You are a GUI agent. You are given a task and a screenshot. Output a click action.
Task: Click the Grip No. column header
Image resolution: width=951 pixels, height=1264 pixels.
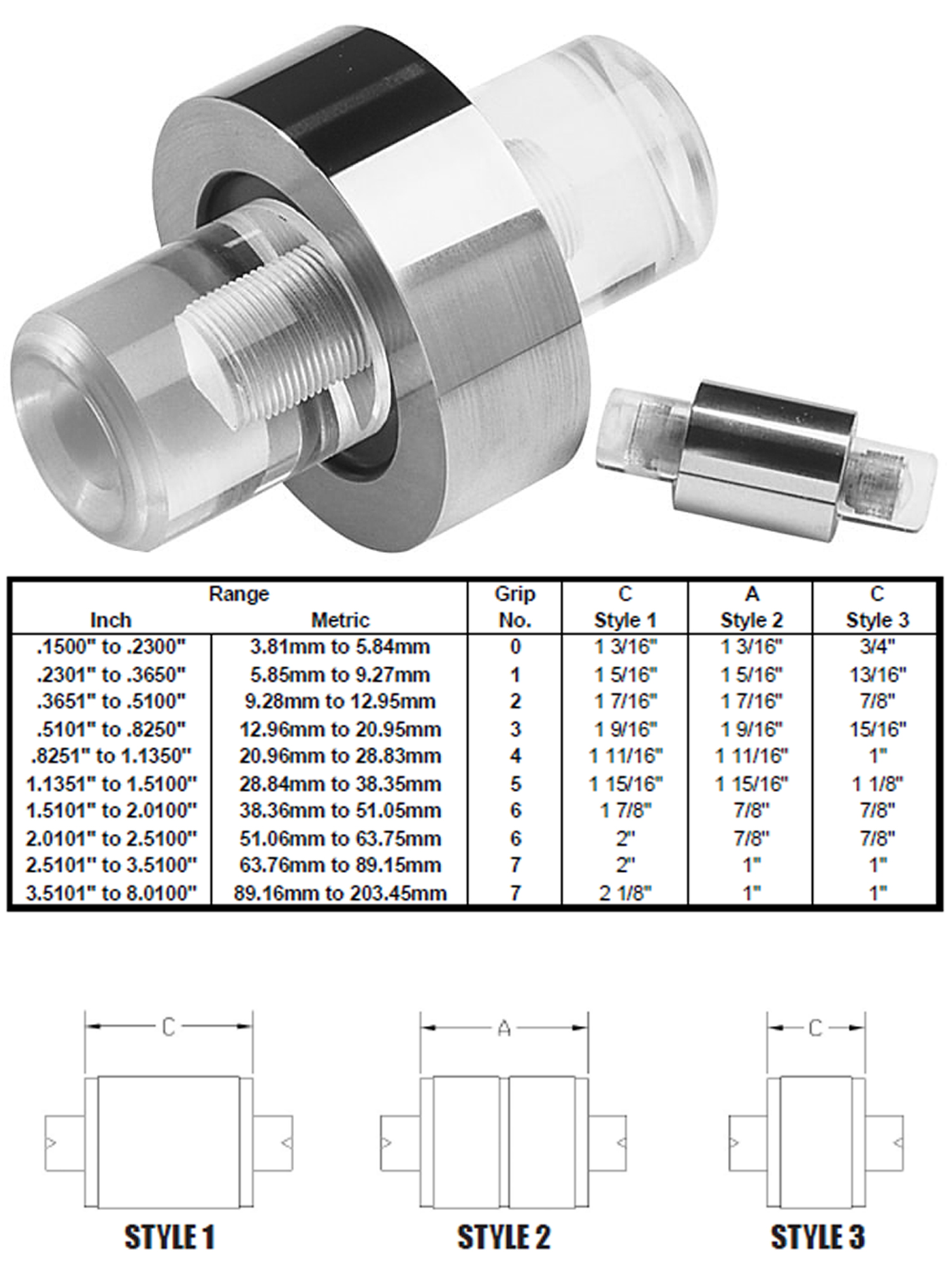point(515,606)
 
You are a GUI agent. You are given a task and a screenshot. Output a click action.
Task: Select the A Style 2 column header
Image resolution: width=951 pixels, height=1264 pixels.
point(751,606)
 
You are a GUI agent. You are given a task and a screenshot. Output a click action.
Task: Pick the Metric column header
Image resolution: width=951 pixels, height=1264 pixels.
point(340,619)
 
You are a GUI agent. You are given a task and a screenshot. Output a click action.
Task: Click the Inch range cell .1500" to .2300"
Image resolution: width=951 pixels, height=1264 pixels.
point(111,646)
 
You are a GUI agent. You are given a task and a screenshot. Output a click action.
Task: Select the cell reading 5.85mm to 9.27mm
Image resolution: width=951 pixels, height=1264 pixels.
point(340,674)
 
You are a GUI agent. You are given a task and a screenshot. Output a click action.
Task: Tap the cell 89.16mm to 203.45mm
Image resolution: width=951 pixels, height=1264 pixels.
point(340,893)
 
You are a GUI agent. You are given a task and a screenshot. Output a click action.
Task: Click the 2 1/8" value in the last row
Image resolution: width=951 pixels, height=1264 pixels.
point(624,893)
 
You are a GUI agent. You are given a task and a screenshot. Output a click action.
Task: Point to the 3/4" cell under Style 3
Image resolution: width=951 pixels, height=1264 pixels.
point(877,646)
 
